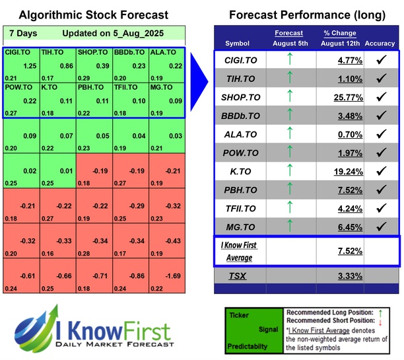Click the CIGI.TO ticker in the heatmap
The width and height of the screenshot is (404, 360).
[17, 52]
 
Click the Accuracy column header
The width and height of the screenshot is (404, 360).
[379, 44]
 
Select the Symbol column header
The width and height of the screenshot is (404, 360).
[238, 44]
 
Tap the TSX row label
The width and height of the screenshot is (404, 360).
[238, 275]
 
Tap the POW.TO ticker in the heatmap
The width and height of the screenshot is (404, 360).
[17, 86]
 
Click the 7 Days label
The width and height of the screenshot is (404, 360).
[24, 33]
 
